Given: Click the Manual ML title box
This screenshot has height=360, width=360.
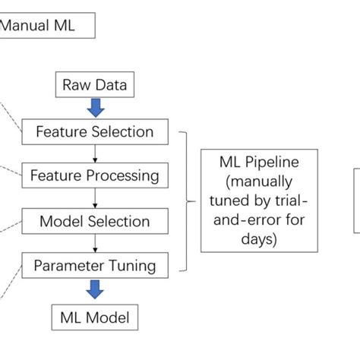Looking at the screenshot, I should tap(47, 27).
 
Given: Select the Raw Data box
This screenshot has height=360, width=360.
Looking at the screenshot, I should tap(94, 85).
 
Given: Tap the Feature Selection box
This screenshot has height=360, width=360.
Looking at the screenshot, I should tap(94, 131).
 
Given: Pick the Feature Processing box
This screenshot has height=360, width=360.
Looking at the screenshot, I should tap(94, 175).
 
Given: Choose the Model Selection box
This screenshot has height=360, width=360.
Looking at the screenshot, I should tap(94, 221).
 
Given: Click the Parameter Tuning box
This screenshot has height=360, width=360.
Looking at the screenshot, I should tap(94, 266).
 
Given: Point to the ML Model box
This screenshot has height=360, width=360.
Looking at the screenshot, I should tap(94, 316).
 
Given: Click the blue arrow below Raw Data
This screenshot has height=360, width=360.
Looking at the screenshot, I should tap(95, 107).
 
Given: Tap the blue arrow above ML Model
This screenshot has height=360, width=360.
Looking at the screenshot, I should tap(95, 290).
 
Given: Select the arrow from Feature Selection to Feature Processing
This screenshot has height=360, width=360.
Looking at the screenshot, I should tap(95, 153).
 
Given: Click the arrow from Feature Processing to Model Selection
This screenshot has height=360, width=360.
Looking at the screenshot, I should tap(95, 198).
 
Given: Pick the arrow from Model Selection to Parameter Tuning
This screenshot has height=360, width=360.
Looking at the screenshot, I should tap(95, 244).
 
